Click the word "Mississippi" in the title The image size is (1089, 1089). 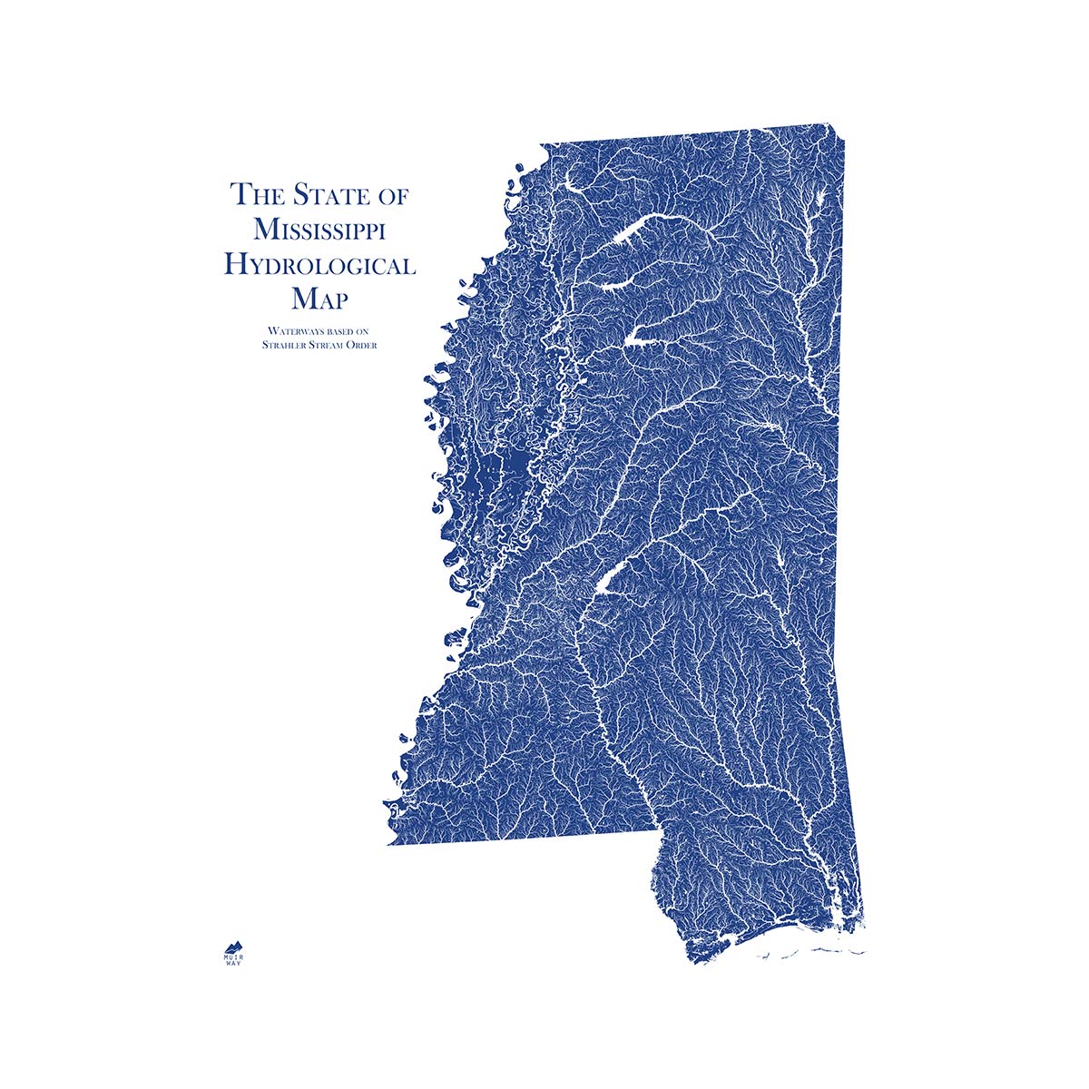319,230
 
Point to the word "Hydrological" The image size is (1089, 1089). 319,265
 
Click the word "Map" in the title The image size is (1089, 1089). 319,299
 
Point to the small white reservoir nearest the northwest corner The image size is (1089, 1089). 574,188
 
